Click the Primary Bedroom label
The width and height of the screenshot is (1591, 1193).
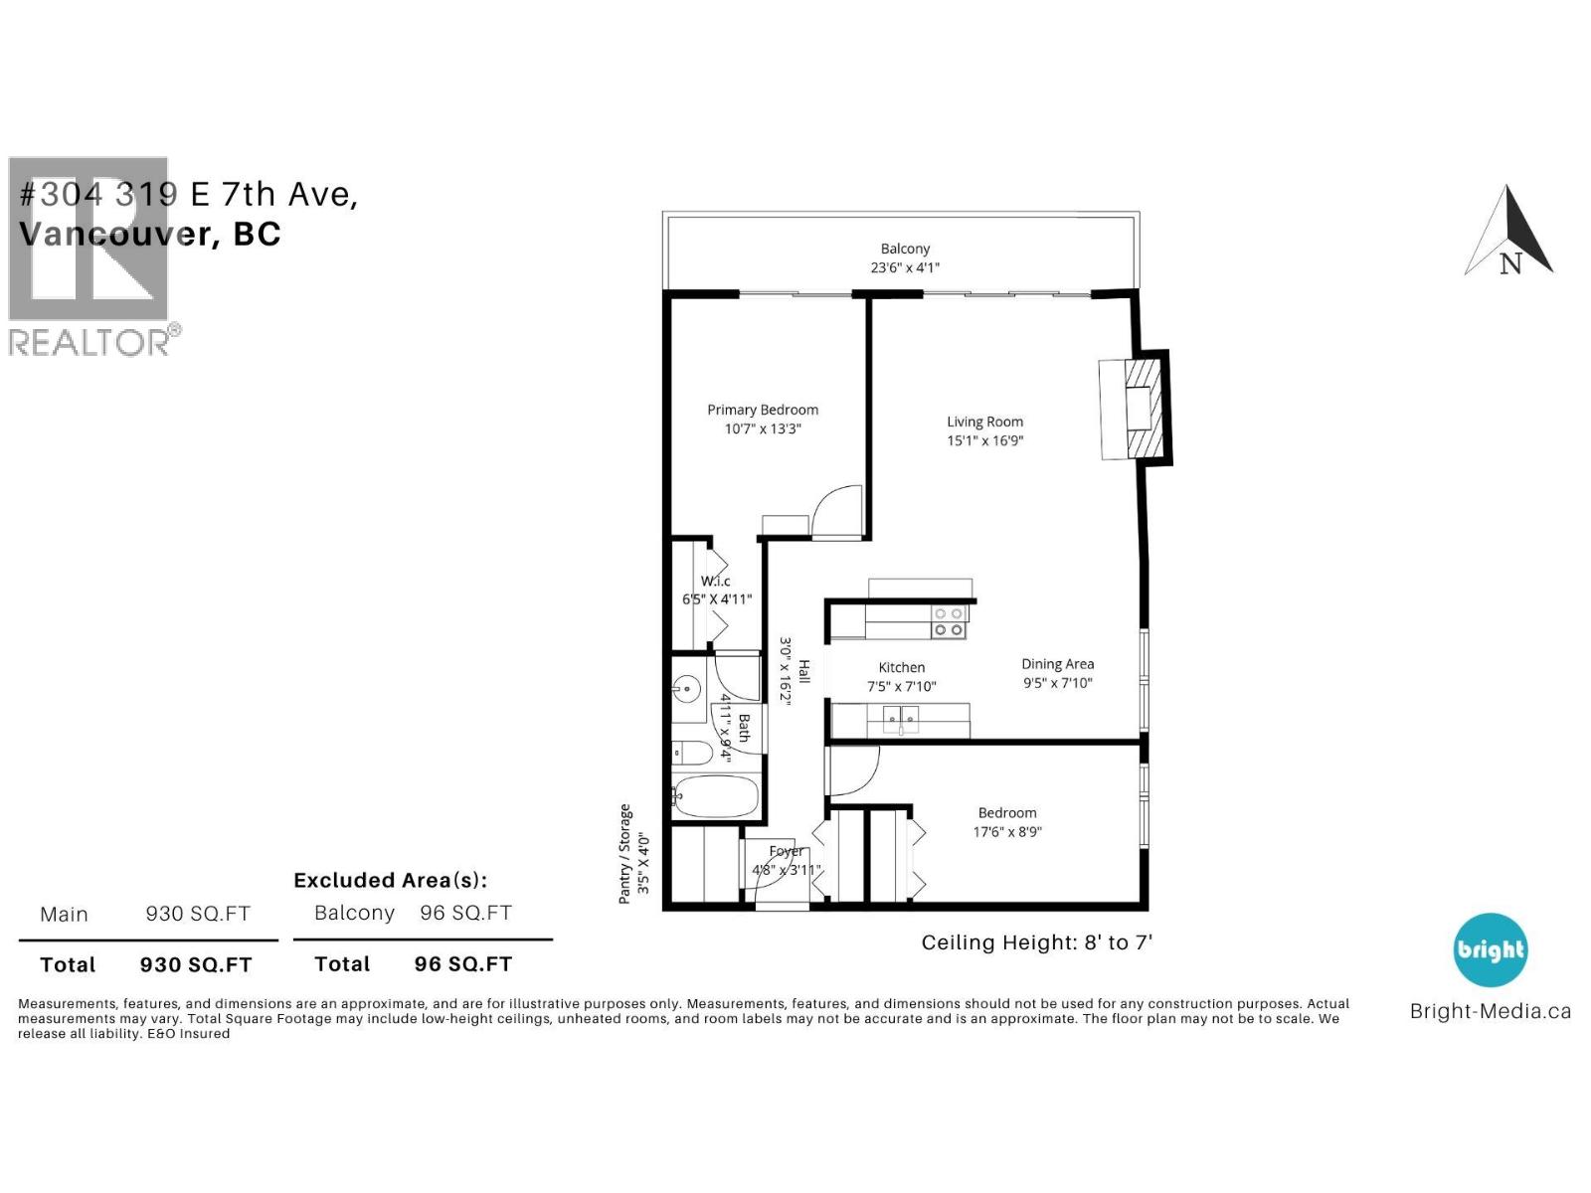[x=763, y=410]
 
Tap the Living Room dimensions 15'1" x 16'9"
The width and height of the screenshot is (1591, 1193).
[x=984, y=440]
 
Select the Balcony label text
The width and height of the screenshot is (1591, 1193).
[x=905, y=249]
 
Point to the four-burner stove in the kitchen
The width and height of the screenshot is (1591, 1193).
[x=948, y=622]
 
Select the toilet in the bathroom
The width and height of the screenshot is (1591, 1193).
[x=691, y=753]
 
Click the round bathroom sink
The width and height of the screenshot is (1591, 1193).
[x=686, y=687]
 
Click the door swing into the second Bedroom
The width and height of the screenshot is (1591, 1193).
[x=852, y=770]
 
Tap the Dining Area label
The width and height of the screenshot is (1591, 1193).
[x=1057, y=664]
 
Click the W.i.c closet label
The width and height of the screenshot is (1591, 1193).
[x=715, y=581]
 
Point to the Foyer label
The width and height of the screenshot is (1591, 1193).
[x=786, y=851]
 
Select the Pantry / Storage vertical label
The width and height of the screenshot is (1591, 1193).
[x=625, y=853]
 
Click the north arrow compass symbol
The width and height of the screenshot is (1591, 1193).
[x=1509, y=234]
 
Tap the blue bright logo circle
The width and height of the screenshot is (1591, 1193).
[x=1490, y=949]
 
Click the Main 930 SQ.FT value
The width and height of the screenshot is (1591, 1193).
[x=198, y=914]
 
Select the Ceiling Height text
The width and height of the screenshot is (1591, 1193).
[x=1036, y=942]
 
